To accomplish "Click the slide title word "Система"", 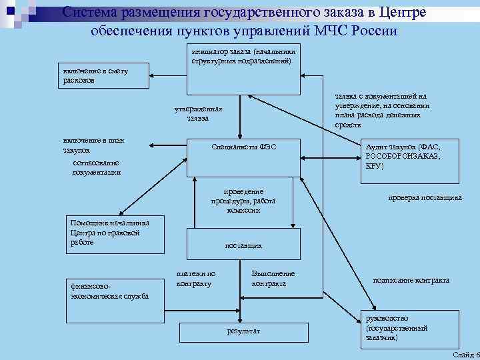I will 90,13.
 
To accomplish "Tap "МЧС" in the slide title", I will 336,31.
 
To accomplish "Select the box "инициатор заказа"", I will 244,70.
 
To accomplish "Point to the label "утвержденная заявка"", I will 198,113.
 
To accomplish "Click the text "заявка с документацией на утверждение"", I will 382,110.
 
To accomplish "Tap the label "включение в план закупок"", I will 93,145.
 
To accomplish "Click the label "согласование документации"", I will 97,167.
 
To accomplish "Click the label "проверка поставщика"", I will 425,197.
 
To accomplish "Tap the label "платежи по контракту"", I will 195,278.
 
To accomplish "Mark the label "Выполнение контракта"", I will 273,278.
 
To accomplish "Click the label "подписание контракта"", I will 411,280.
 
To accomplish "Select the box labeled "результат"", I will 243,331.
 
